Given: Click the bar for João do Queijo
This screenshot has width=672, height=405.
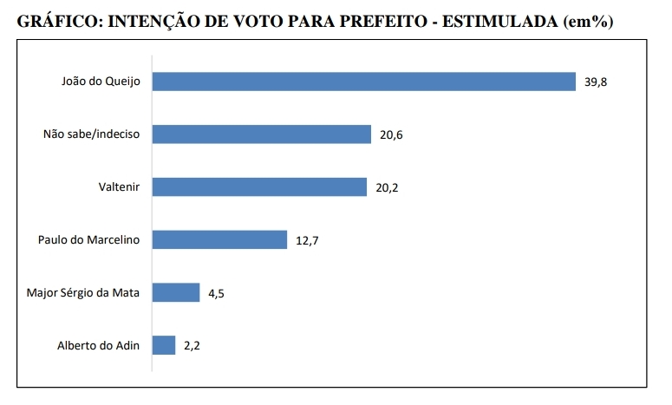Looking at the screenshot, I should [364, 82].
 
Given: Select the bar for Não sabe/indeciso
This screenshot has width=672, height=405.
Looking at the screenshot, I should [262, 134].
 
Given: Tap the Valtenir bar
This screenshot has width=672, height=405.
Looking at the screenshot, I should [259, 187].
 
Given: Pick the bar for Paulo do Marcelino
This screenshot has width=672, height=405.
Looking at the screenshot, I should [219, 240].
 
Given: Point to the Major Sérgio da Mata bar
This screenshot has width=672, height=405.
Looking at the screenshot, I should [176, 293].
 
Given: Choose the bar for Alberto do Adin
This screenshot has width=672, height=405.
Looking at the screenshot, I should [164, 345].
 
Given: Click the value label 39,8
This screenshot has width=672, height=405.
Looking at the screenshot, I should [596, 82].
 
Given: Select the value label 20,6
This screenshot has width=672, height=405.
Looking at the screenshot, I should [393, 135].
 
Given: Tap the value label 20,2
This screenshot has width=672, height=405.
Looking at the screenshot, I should [388, 188].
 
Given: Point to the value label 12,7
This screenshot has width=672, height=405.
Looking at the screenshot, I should [308, 241].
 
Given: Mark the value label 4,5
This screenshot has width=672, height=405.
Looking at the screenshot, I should [217, 294].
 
